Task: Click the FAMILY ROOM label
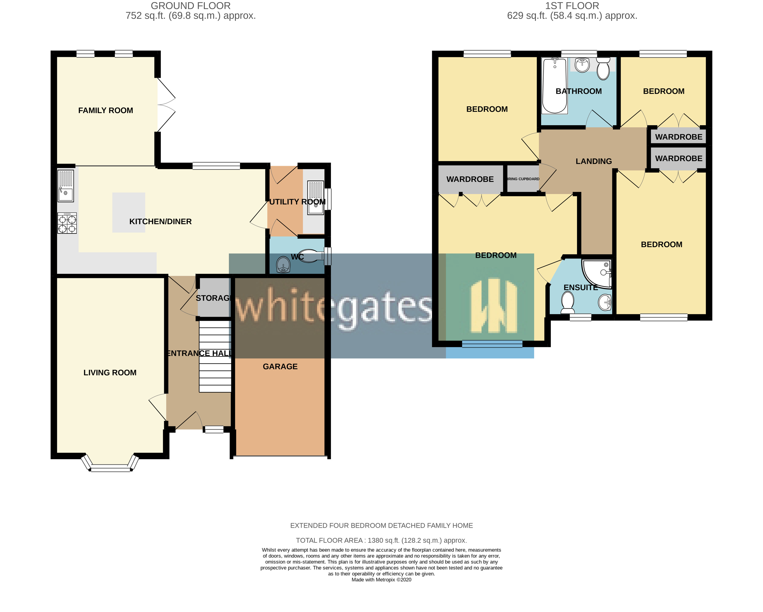(106, 110)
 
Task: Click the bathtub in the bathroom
(555, 86)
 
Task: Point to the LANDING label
(594, 161)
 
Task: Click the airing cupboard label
(523, 179)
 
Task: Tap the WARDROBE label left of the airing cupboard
(470, 179)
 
